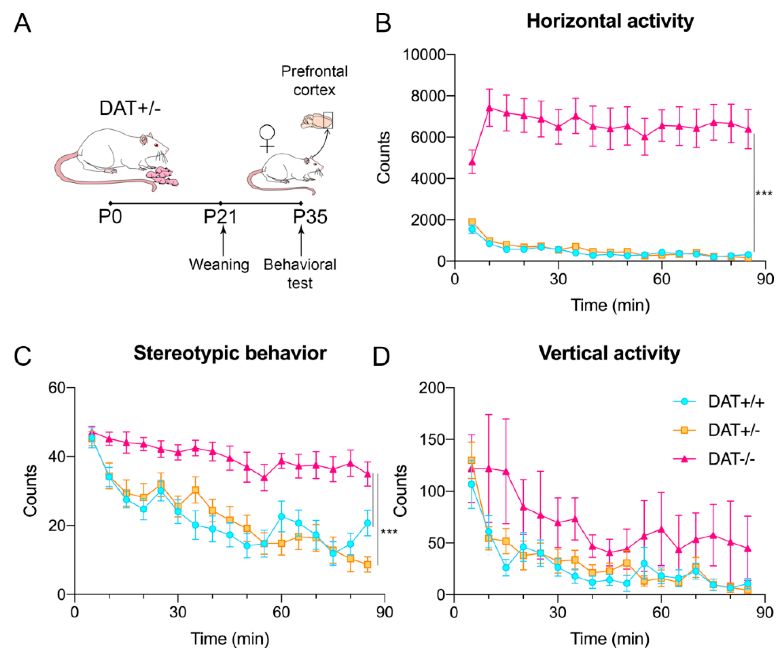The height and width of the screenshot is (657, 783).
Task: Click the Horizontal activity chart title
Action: (610, 21)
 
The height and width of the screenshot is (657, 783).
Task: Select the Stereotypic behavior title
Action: (230, 353)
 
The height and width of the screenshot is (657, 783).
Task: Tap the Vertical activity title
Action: (609, 353)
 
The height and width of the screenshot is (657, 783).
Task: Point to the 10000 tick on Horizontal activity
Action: (424, 55)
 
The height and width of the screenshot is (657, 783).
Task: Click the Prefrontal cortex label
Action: (314, 80)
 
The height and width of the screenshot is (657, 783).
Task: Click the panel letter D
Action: (381, 357)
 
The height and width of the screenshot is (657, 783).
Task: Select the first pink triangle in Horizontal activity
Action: (472, 162)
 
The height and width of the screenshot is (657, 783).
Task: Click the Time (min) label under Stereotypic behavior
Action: (230, 639)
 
